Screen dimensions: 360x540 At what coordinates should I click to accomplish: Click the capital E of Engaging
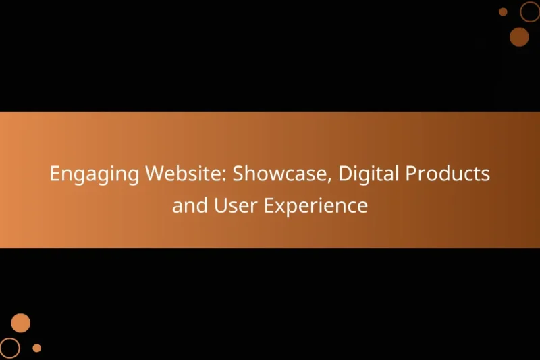[x=55, y=174]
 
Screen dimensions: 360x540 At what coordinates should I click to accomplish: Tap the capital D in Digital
[x=344, y=174]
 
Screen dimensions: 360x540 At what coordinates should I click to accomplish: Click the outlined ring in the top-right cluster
[x=530, y=11]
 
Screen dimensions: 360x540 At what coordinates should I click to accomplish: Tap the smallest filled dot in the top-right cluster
[x=503, y=11]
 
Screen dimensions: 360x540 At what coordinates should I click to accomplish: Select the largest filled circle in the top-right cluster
[x=519, y=36]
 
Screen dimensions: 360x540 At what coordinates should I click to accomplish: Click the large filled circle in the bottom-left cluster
[x=21, y=323]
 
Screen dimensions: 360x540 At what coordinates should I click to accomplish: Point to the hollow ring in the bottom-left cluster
[x=10, y=347]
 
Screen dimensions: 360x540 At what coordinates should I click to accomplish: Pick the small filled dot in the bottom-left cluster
[x=37, y=348]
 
